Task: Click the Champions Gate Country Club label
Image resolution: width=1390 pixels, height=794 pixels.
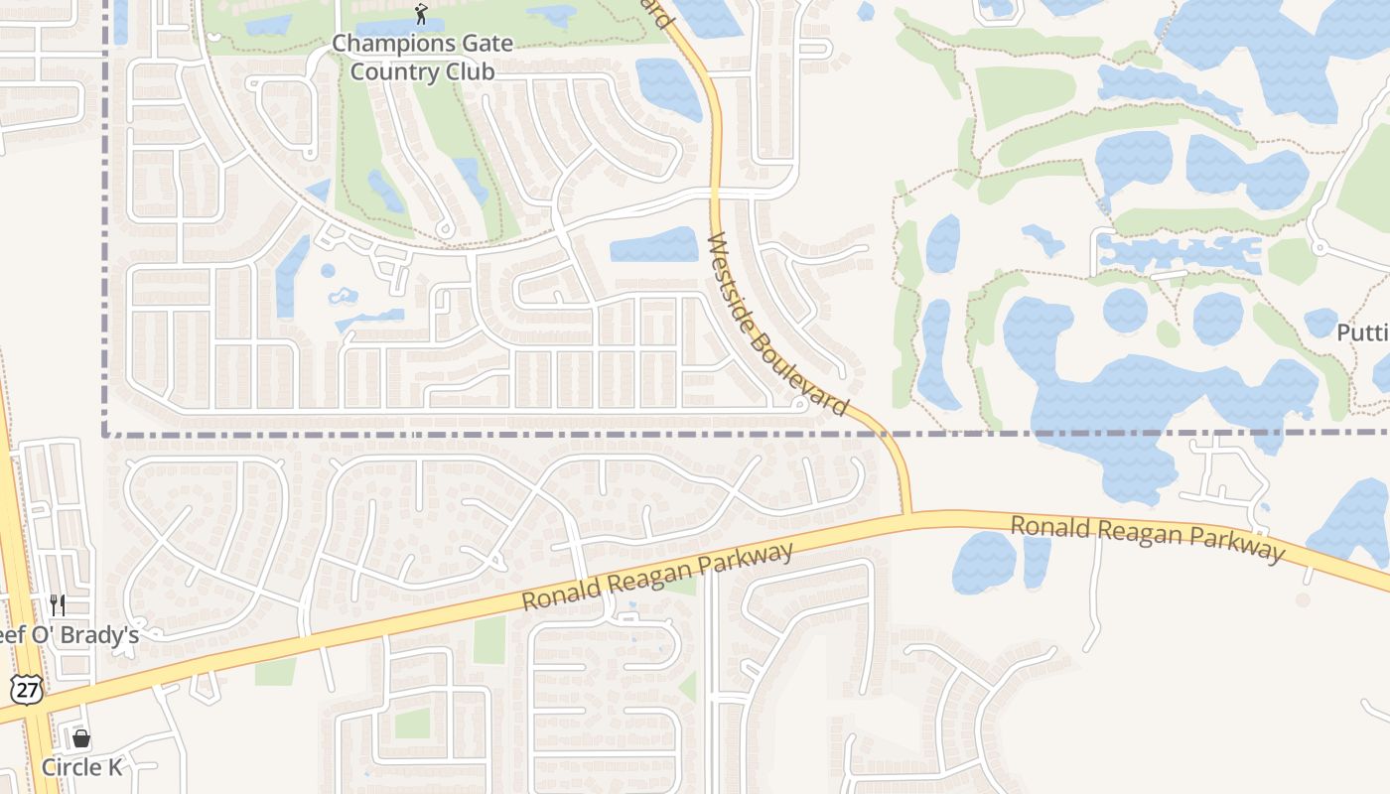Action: click(x=422, y=58)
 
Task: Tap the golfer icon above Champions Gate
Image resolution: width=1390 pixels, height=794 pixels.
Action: click(x=422, y=14)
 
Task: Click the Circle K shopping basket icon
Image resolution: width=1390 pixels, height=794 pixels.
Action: click(x=81, y=738)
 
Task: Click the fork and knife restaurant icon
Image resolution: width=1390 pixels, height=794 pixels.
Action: click(x=58, y=604)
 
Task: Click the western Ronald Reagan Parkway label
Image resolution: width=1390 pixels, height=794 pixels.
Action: click(x=657, y=578)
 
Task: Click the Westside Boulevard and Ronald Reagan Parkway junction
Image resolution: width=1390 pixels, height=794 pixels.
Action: click(x=908, y=514)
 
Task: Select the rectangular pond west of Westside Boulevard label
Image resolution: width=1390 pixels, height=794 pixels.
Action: click(x=653, y=245)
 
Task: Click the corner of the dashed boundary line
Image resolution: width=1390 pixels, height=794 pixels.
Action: click(x=105, y=434)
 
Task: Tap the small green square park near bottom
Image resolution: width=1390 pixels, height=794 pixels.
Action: click(x=412, y=723)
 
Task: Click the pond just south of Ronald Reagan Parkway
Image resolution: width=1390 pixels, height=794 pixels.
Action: click(x=984, y=562)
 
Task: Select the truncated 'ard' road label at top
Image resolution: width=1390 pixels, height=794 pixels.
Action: click(x=657, y=12)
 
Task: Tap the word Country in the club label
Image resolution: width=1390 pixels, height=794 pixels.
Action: click(x=392, y=71)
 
